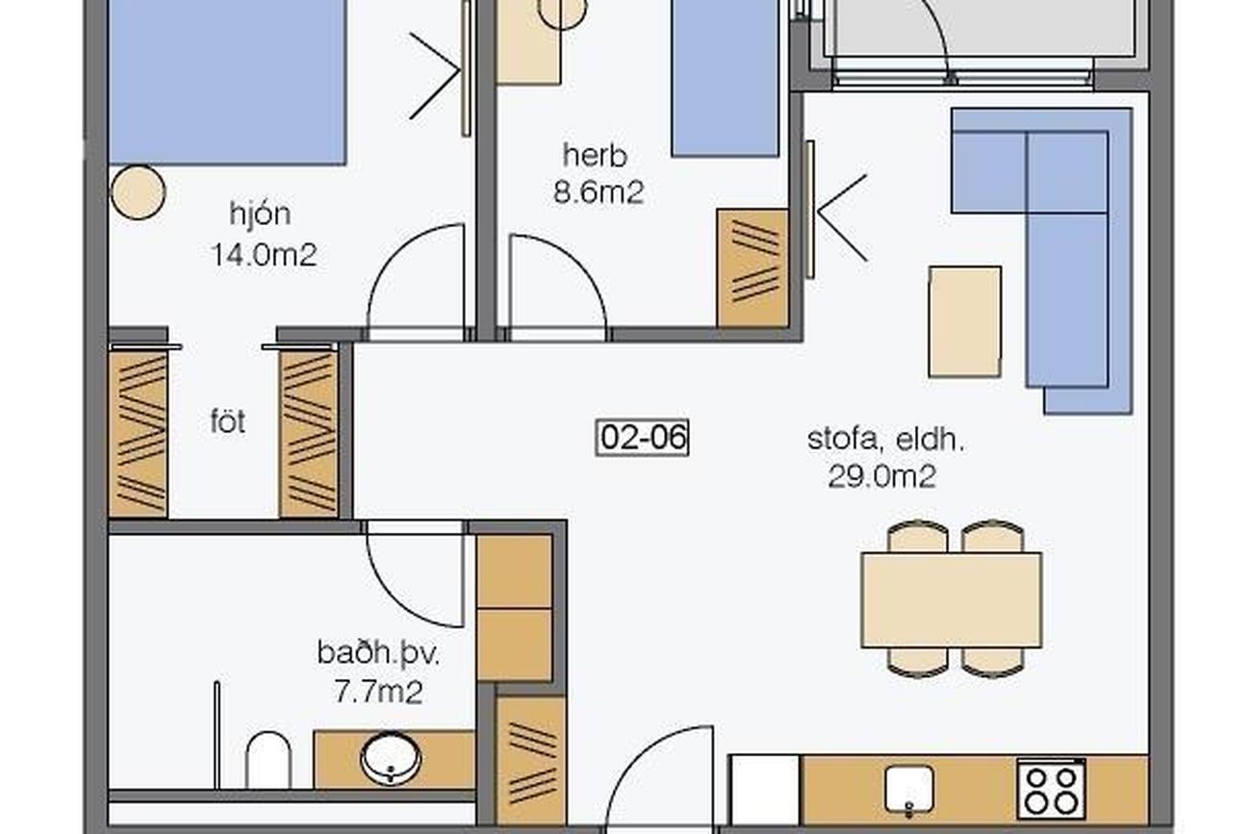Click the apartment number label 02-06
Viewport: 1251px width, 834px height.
642,437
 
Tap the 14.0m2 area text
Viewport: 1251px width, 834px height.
265,255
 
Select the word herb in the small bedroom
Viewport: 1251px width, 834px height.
595,155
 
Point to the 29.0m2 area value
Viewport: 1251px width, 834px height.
881,477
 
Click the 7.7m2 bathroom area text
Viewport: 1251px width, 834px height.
378,693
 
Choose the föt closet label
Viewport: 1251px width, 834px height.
227,421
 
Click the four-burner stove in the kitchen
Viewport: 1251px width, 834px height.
1051,788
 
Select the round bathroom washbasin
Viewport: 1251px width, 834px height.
391,758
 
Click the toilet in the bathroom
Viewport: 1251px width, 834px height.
268,760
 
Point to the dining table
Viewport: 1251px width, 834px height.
951,600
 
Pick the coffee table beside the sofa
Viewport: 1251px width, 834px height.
965,321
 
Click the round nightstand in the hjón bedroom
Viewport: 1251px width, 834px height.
138,192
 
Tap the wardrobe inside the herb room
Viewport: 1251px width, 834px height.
753,268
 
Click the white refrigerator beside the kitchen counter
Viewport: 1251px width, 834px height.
765,790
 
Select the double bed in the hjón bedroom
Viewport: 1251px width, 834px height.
227,82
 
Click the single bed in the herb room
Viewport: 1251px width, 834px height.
725,78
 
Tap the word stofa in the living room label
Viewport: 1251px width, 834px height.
843,440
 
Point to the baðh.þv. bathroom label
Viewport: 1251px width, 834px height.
378,653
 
